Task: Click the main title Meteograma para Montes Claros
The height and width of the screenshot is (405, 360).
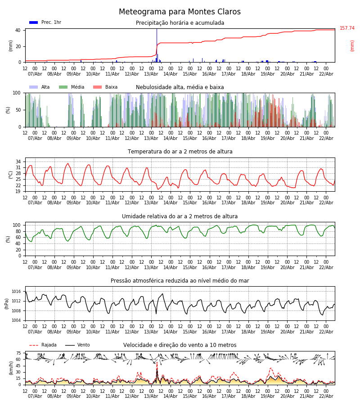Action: point(180,12)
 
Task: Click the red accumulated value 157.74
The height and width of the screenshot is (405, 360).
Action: point(347,28)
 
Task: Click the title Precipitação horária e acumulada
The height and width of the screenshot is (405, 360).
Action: point(180,23)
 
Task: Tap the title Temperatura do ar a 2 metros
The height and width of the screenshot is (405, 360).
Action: point(180,152)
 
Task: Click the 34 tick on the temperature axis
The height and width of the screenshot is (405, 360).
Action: point(18,162)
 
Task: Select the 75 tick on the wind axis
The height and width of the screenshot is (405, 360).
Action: point(18,353)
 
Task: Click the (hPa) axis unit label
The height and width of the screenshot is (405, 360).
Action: point(7,303)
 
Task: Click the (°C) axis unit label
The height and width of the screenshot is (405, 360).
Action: point(11,175)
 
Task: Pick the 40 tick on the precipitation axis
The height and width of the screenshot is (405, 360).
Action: point(18,31)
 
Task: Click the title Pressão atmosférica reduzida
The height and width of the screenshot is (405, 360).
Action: point(180,281)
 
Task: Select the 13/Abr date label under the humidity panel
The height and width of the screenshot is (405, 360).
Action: point(151,267)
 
